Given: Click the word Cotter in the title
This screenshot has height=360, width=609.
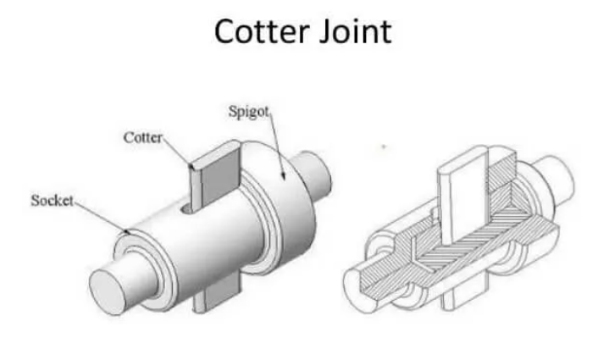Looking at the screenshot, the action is [262, 32].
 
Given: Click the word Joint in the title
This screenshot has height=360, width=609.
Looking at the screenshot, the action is [356, 32].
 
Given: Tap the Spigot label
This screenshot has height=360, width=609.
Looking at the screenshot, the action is [248, 112].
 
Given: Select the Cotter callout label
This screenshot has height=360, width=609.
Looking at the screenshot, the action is [142, 137].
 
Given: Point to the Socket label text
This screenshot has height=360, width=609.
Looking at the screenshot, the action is [52, 201].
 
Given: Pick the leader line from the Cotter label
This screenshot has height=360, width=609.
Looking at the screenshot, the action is [177, 153].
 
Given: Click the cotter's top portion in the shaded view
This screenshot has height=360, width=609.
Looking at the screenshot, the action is [215, 174].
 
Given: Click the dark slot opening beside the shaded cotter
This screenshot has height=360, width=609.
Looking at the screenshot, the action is [186, 209].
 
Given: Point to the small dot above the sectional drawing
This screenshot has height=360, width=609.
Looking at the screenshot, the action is [384, 147].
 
